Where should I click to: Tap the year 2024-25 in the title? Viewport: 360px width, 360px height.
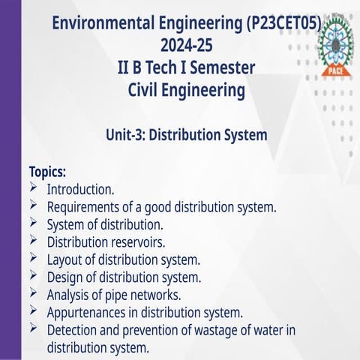click(x=187, y=46)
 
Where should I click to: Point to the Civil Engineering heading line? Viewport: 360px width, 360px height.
click(x=187, y=91)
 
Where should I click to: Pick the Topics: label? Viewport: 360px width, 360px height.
click(x=48, y=171)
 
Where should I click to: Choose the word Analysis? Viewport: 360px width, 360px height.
click(x=69, y=295)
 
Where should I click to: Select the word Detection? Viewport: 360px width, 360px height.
click(x=73, y=331)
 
